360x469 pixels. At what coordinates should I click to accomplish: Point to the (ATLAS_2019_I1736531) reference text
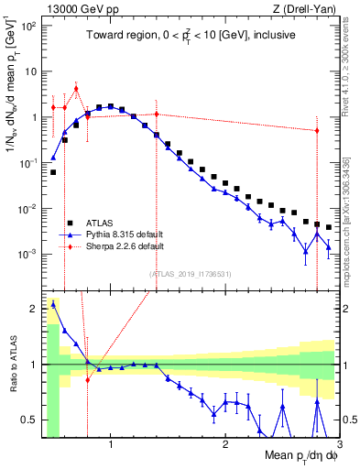[190, 274]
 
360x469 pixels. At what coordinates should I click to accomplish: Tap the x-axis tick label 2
[225, 447]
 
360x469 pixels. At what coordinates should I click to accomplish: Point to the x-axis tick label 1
[111, 447]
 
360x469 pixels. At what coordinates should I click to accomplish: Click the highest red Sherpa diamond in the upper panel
[76, 89]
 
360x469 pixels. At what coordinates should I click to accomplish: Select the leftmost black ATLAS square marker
[53, 172]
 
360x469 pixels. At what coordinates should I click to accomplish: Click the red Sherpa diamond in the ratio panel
[88, 379]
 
